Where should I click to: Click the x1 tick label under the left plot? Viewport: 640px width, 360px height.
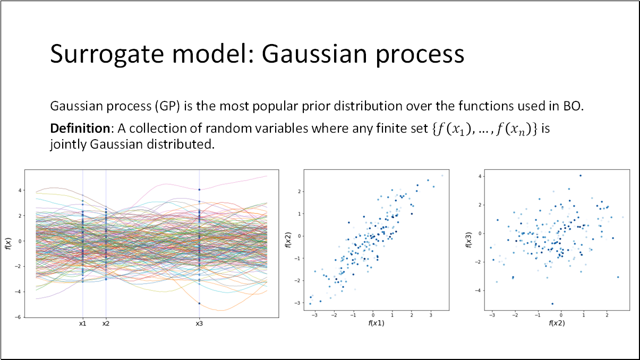click(83, 323)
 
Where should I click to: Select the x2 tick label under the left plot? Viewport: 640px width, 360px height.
click(106, 323)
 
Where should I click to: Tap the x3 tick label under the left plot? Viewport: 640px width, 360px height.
click(199, 323)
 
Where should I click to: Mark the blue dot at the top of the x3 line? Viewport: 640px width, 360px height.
click(199, 190)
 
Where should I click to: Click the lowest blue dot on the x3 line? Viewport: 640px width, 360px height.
click(199, 303)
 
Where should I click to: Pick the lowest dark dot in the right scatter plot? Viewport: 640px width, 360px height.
click(552, 304)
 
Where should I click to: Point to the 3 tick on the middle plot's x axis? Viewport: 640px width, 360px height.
click(431, 315)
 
